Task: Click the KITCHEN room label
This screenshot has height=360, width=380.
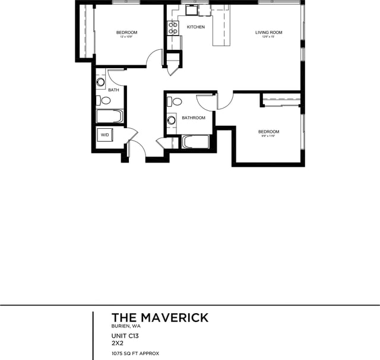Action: click(196, 27)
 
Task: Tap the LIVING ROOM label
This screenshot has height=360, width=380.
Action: click(268, 33)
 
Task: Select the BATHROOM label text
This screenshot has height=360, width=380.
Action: click(194, 118)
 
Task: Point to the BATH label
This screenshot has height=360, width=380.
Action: click(113, 90)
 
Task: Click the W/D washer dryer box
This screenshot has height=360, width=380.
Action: click(105, 135)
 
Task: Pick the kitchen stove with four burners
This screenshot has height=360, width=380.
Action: click(173, 28)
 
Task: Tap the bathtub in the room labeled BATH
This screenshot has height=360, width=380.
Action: click(109, 116)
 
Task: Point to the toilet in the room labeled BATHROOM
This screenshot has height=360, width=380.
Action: click(176, 101)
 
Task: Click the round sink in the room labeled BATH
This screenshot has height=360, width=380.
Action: click(100, 82)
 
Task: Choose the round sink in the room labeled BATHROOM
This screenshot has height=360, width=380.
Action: click(172, 120)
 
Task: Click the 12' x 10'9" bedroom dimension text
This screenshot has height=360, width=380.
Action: click(126, 37)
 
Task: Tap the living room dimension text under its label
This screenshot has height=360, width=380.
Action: click(268, 37)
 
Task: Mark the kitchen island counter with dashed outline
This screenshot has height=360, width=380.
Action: click(221, 26)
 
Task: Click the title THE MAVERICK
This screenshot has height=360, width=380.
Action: click(160, 318)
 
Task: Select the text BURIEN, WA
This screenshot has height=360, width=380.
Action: click(126, 327)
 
